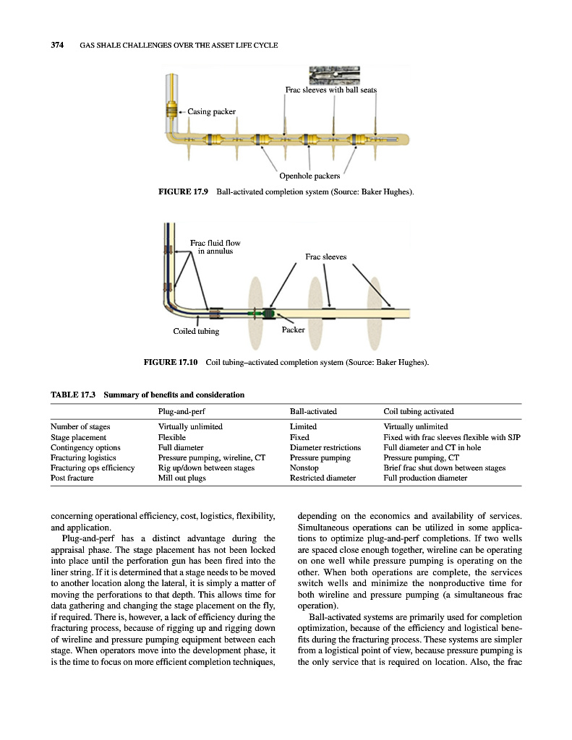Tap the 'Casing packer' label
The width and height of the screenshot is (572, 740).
point(212,111)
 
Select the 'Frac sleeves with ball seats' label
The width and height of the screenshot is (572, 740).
point(330,90)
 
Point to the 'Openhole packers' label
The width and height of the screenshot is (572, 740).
point(310,176)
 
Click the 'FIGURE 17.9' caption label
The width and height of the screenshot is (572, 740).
point(183,192)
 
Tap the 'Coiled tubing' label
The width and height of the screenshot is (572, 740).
point(196,331)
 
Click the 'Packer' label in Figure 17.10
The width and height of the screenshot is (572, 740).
point(293,330)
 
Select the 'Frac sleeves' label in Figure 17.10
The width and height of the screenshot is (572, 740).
point(325,257)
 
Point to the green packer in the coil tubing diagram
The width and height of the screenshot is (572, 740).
point(269,314)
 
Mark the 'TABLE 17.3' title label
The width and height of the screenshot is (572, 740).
point(74,395)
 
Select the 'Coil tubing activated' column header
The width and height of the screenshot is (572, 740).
point(419,411)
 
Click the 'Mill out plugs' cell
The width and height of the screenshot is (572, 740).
point(181,478)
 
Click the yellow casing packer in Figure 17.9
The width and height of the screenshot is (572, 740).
point(172,111)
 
